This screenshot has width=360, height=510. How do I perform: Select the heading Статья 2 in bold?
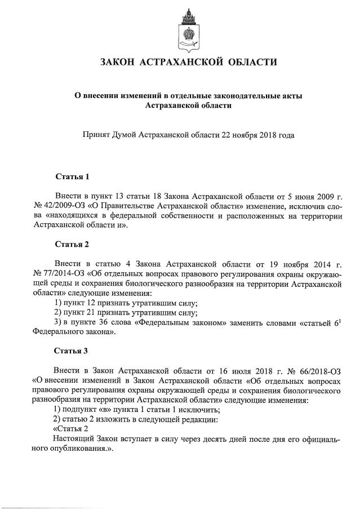click(x=72, y=245)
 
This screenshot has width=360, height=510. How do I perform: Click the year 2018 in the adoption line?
click(x=260, y=135)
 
